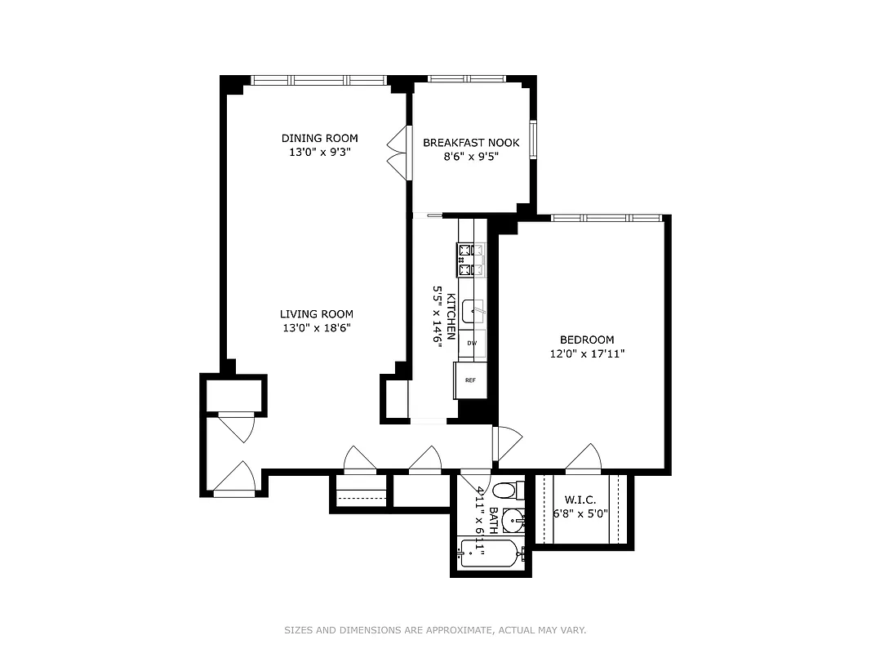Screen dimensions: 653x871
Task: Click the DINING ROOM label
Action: pos(319,138)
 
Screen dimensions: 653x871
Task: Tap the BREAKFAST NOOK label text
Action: pos(471,143)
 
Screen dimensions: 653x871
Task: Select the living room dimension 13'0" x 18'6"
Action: pos(317,328)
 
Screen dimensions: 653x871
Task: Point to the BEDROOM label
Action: pos(587,340)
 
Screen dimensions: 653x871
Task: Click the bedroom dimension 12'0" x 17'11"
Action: pos(587,354)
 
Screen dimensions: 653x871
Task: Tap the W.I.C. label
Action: pos(580,500)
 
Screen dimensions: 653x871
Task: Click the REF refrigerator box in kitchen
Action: pos(470,380)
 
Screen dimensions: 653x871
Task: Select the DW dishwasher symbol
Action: pos(472,344)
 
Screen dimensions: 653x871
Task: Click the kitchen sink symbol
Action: pos(473,312)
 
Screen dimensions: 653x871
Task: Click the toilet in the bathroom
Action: pos(506,491)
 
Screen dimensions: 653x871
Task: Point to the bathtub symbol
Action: pos(489,554)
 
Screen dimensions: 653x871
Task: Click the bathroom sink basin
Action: pos(513,518)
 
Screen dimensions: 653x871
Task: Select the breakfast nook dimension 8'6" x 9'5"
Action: pos(471,158)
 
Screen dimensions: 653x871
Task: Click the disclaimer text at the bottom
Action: pos(435,630)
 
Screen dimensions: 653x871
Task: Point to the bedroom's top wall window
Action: pos(606,218)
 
